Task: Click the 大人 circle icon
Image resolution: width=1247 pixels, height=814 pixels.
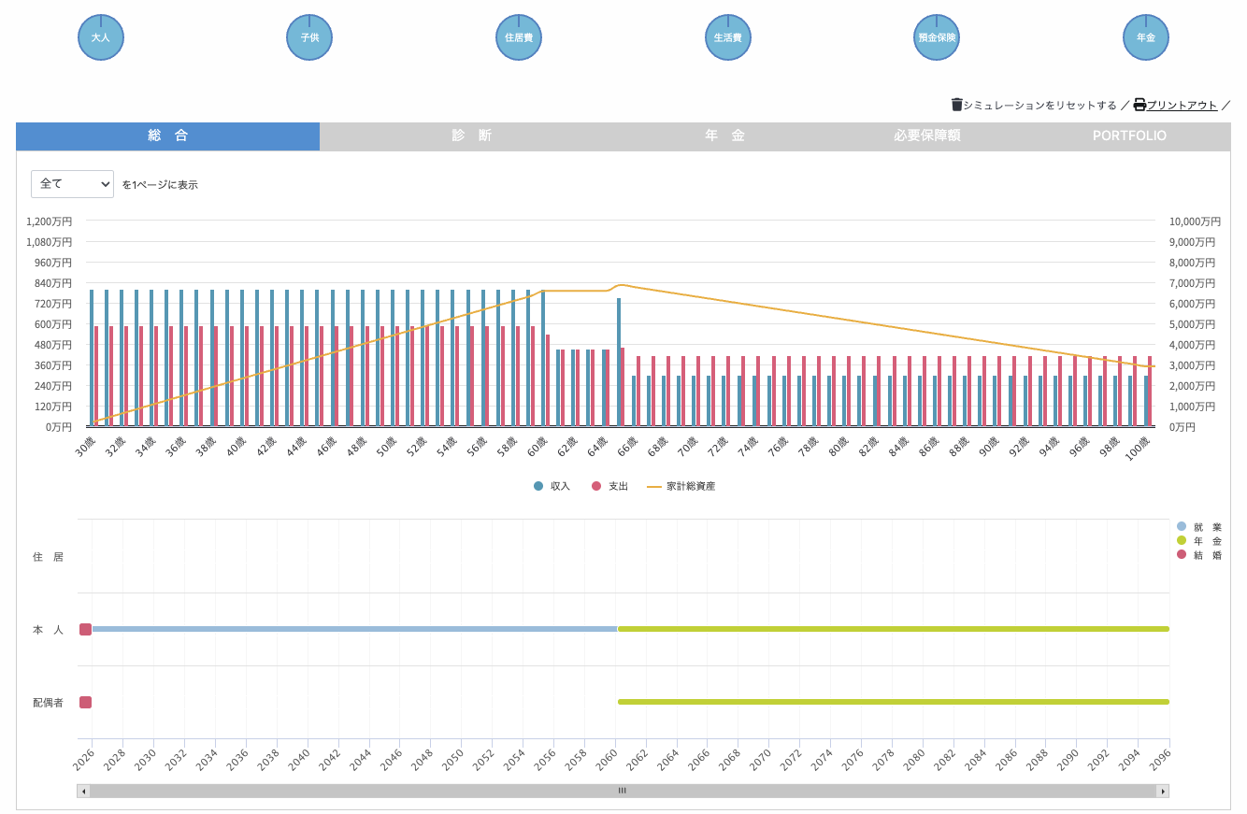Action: (x=101, y=37)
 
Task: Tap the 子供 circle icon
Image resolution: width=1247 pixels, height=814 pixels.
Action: (x=309, y=37)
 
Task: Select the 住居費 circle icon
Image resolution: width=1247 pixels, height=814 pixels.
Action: (x=519, y=37)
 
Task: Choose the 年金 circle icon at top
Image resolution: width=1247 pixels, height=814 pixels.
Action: (x=1146, y=37)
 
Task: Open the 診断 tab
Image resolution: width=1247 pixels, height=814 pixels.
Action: (x=471, y=136)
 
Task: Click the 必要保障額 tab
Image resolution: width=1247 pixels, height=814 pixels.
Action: (x=927, y=136)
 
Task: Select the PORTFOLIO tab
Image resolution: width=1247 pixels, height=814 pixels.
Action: (x=1129, y=136)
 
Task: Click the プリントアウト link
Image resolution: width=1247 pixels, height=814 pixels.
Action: (x=1182, y=106)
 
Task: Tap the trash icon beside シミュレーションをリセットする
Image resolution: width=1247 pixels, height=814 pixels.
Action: (x=956, y=105)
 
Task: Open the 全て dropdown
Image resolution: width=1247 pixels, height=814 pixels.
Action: (x=72, y=184)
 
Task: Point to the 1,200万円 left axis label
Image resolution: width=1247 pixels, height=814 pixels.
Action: (x=49, y=221)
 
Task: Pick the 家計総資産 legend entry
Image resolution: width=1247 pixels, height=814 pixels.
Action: (x=681, y=486)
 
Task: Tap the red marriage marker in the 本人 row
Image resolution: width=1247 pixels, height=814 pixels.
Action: (x=85, y=629)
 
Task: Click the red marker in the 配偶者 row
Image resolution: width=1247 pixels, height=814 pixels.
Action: (x=85, y=702)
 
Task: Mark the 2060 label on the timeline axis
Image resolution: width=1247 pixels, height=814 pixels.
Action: (x=607, y=760)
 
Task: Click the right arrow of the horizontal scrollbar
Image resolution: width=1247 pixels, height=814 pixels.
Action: (x=1162, y=792)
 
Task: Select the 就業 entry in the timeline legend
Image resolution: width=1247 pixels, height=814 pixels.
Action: (x=1199, y=527)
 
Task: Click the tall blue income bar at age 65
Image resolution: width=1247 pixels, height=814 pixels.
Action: (x=619, y=363)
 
